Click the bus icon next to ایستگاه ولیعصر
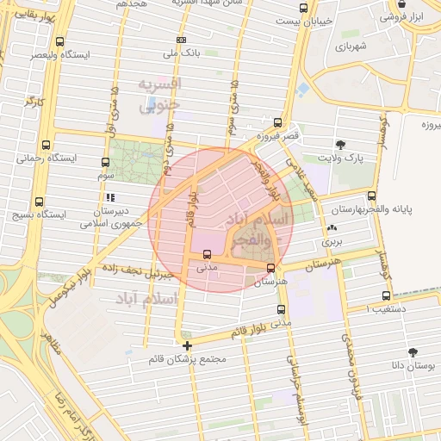59,40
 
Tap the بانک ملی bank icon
181,40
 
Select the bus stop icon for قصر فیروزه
277,122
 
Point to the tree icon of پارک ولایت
341,144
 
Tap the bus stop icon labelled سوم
105,162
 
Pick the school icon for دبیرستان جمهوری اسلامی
110,197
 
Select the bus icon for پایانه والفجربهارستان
371,196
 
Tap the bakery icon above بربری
332,228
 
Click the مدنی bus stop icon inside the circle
207,254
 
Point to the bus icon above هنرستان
271,268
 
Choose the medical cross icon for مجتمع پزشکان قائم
187,345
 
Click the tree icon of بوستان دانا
413,351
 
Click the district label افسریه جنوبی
161,93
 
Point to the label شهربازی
351,45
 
